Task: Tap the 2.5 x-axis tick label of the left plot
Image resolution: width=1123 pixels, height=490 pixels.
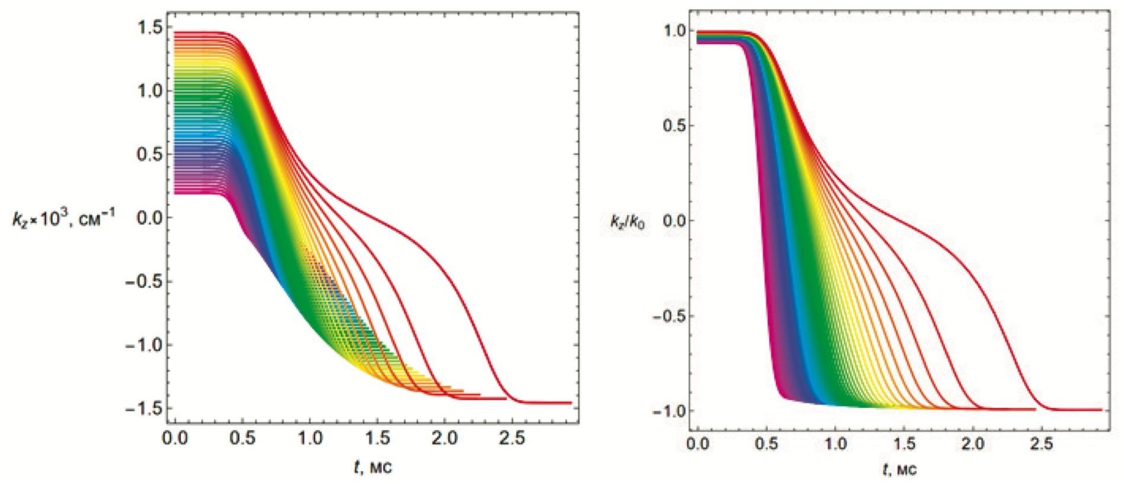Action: click(512, 438)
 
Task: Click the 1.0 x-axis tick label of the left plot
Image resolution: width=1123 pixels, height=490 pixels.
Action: click(309, 438)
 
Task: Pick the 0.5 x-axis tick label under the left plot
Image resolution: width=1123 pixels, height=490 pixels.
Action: click(242, 438)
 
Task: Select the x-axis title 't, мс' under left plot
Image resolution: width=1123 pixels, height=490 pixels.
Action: click(373, 467)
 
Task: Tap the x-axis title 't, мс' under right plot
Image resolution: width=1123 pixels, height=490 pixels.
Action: click(899, 469)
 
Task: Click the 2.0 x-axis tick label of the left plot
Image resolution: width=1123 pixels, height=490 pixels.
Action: click(445, 438)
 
